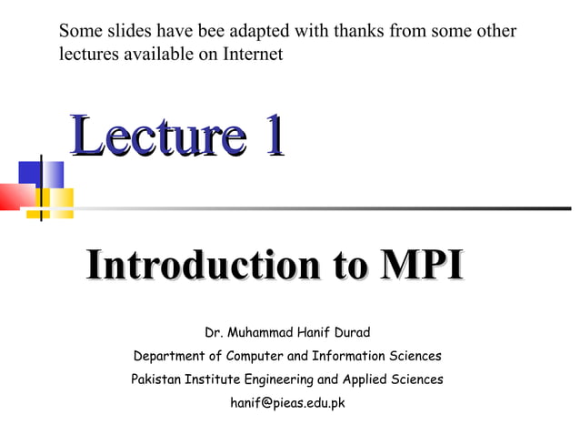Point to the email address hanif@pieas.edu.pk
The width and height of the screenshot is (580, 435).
tap(287, 402)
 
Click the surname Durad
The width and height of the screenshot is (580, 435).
tap(348, 332)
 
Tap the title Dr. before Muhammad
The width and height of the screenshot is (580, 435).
tap(215, 332)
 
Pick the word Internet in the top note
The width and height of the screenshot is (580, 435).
tap(249, 55)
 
